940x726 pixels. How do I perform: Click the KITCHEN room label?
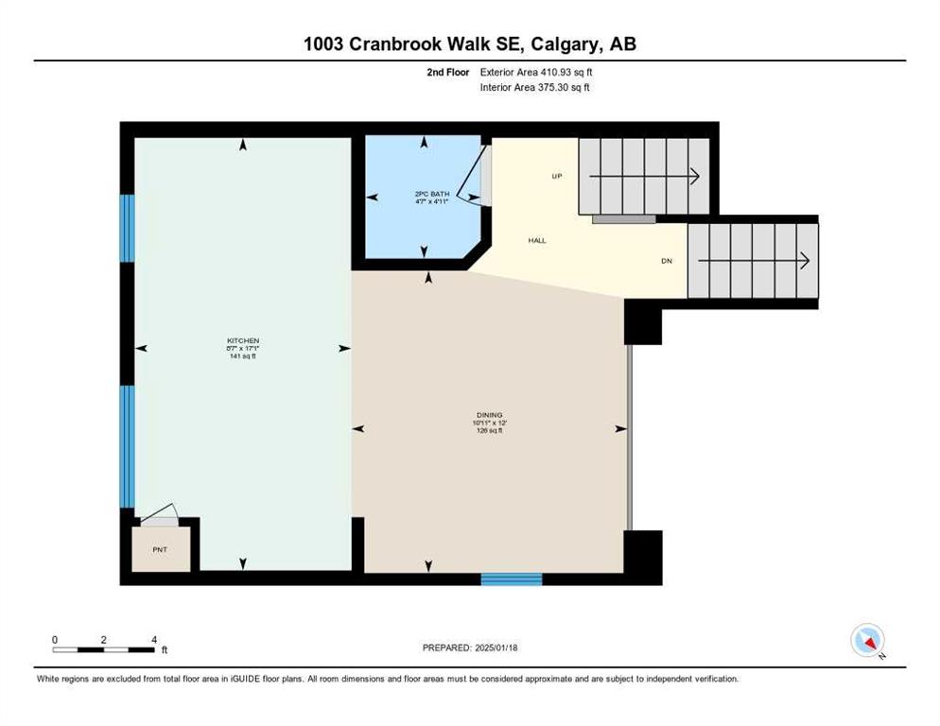[x=243, y=340]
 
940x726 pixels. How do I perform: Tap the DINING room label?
[x=489, y=415]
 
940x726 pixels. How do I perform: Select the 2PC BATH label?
[x=431, y=194]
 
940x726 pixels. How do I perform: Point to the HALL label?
[x=537, y=240]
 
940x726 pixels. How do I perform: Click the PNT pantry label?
[x=160, y=550]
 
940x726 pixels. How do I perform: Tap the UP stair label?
[x=557, y=176]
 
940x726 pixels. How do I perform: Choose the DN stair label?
[x=667, y=262]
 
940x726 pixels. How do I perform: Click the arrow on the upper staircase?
[x=644, y=176]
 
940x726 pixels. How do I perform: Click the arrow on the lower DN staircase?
[x=754, y=262]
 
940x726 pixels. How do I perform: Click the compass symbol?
[x=867, y=641]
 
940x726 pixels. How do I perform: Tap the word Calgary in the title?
[x=565, y=43]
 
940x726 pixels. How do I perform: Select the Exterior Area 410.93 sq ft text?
[x=536, y=72]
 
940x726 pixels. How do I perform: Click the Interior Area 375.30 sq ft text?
[x=534, y=88]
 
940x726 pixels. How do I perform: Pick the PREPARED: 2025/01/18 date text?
[x=470, y=648]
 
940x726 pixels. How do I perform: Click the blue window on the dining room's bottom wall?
[x=512, y=579]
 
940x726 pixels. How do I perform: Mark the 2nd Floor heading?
[x=448, y=72]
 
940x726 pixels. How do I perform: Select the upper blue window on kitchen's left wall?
[x=127, y=229]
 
